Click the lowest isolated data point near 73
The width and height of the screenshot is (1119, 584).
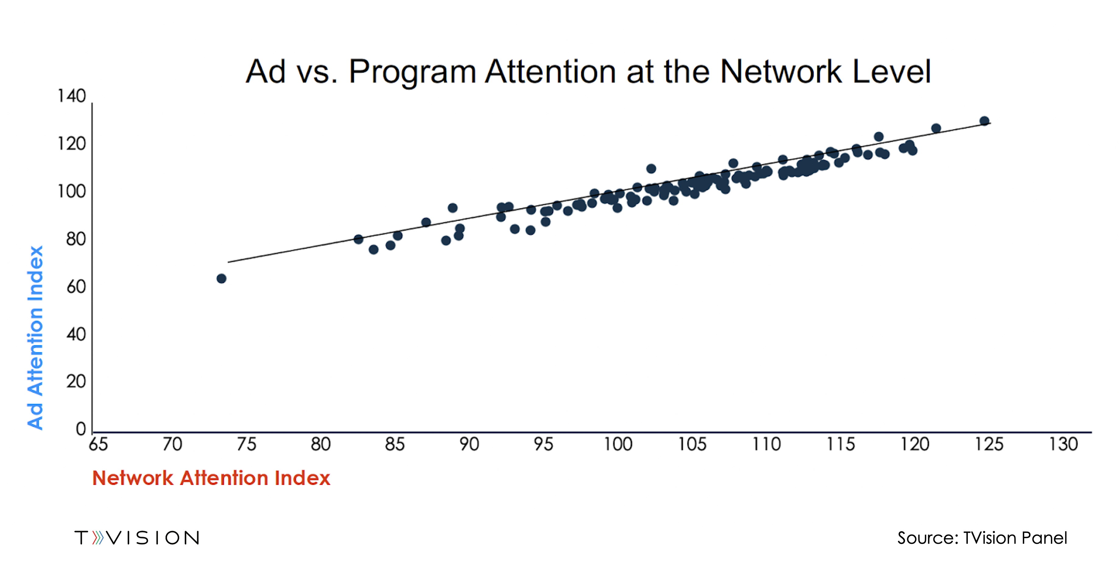tap(221, 278)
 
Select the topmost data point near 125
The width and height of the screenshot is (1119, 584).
tap(984, 121)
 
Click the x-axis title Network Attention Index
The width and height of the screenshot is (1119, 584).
tap(211, 478)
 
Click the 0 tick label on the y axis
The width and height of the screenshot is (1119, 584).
tap(81, 429)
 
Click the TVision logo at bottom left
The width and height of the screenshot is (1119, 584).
tap(137, 538)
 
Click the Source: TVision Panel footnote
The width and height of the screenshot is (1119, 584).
tap(982, 538)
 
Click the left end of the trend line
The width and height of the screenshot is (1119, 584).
tap(229, 262)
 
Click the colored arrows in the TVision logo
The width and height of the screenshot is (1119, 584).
tap(98, 538)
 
